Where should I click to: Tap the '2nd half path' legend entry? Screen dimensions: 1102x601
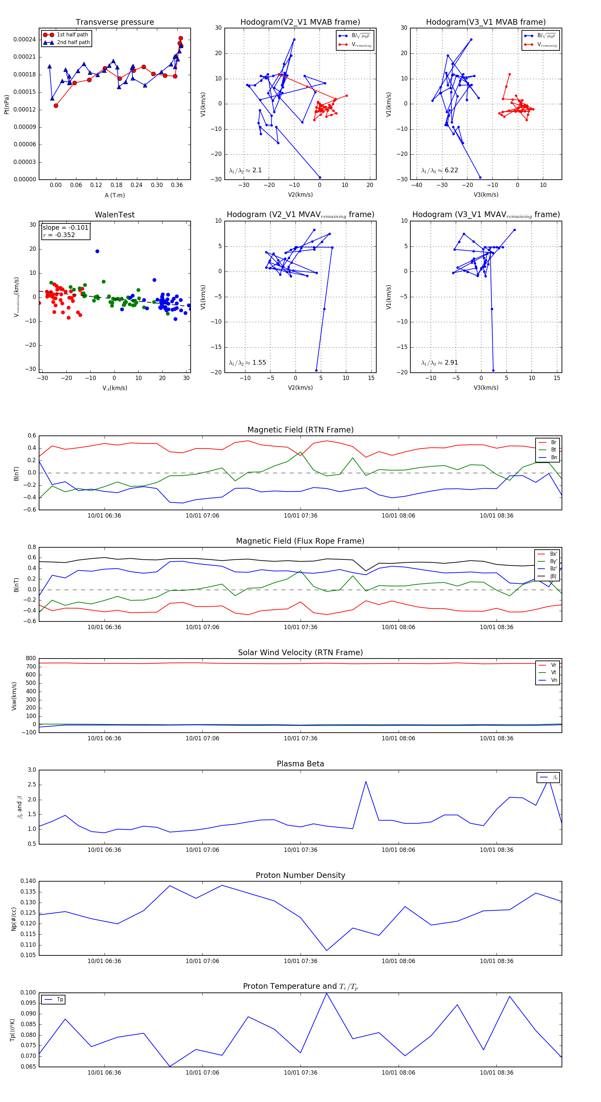pos(73,42)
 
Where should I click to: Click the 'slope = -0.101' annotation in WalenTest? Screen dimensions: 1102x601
pos(65,228)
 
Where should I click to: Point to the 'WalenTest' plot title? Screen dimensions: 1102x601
pos(115,215)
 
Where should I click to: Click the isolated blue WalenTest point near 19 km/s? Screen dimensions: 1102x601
pos(97,251)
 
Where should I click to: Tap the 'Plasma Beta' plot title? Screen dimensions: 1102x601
pos(300,764)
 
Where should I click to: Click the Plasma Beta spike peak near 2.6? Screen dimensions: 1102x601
pos(366,781)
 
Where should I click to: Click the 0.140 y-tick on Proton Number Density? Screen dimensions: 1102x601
pos(28,881)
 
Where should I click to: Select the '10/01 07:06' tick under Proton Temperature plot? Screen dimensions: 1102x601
pos(202,1073)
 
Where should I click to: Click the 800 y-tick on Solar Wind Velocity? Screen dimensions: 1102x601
pos(31,659)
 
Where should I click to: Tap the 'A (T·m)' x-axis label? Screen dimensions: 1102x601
pos(115,195)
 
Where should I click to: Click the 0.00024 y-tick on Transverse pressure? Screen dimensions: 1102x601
pos(24,39)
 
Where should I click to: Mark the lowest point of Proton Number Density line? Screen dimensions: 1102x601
pos(327,951)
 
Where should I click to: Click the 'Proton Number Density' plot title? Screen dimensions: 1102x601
pos(300,875)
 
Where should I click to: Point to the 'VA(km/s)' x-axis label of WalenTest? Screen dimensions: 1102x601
pos(115,388)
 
